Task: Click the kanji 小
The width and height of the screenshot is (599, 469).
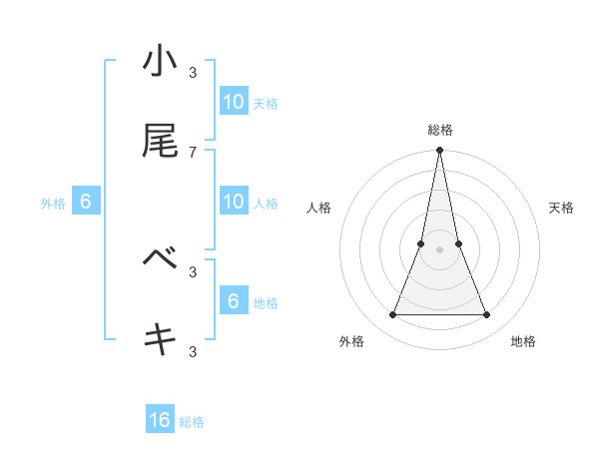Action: [x=160, y=62]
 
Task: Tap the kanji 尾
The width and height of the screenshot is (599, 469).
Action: [x=160, y=142]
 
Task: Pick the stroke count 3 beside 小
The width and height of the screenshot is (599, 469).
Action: [x=193, y=72]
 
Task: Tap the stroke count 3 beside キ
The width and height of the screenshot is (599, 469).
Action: [x=193, y=350]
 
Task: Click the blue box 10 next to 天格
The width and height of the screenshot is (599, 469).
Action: [x=234, y=102]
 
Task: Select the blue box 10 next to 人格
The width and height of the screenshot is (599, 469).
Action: [x=234, y=202]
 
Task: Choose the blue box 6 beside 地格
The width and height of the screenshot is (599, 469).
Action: [x=234, y=301]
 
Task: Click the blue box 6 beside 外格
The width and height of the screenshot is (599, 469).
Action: [x=86, y=202]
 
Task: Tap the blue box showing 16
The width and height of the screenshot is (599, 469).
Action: [x=160, y=420]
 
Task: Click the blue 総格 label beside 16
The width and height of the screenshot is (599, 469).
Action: [x=192, y=422]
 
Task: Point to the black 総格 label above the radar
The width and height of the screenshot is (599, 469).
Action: [x=440, y=130]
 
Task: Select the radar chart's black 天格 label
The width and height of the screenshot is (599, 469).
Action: [x=562, y=208]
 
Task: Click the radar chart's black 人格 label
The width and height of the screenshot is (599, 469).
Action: [x=318, y=208]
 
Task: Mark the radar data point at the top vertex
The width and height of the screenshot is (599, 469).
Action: [x=439, y=151]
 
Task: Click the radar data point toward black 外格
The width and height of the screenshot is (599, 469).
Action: [x=392, y=315]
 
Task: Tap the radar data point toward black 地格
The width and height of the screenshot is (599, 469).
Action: [x=487, y=315]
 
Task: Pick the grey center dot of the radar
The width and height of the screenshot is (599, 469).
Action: [x=439, y=249]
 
